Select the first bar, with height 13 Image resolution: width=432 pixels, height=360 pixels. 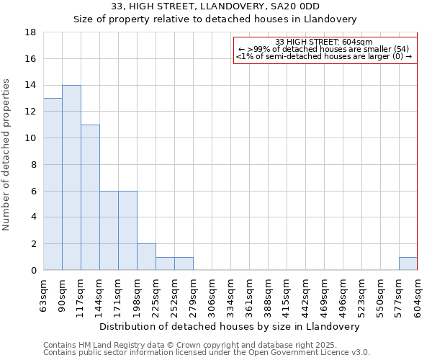click(53, 184)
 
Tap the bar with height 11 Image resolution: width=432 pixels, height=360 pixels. click(90, 197)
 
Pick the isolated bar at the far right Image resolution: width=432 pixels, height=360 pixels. click(408, 264)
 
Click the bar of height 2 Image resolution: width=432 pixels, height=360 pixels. click(146, 257)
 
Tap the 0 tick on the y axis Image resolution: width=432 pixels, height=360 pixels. click(34, 271)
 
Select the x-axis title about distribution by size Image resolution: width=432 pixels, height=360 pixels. click(230, 326)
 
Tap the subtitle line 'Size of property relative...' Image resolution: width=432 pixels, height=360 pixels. click(215, 19)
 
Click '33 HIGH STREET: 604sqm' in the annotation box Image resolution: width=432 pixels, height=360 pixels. click(324, 42)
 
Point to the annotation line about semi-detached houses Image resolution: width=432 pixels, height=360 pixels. click(324, 56)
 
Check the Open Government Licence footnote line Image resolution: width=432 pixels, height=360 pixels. click(207, 352)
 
